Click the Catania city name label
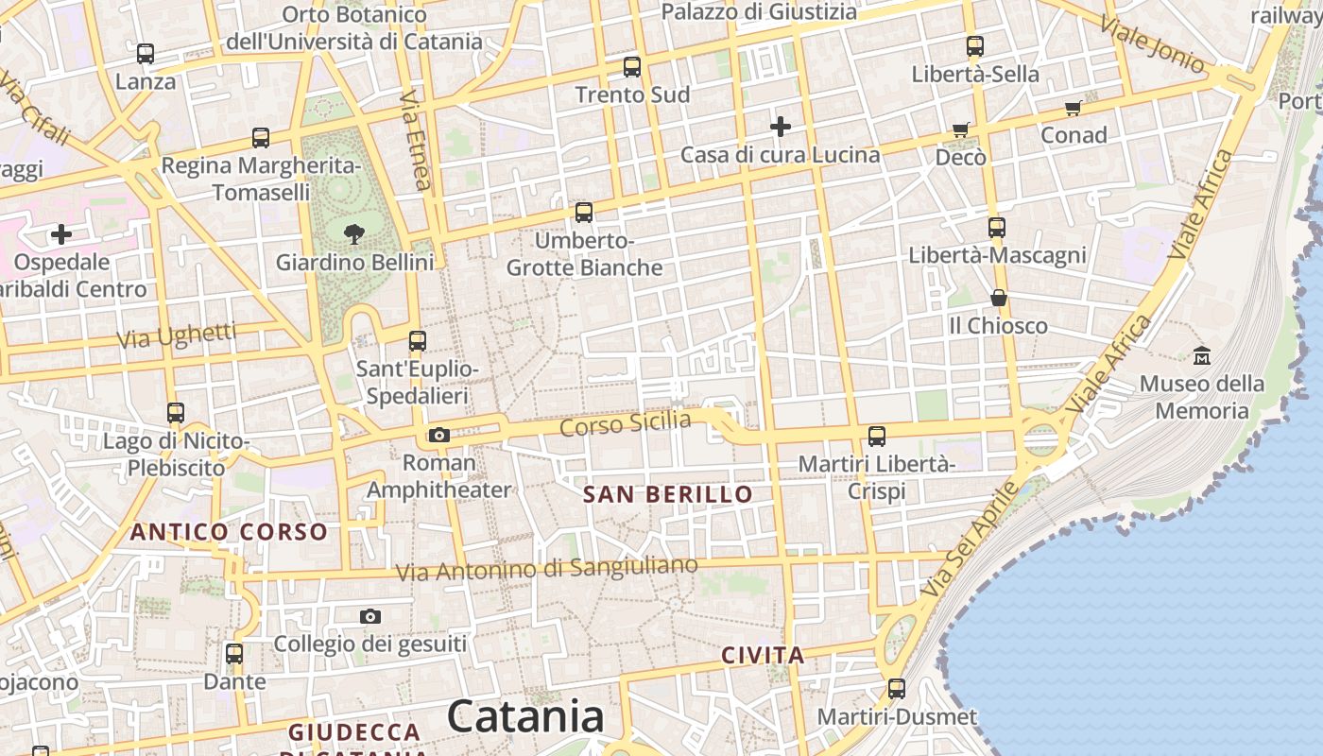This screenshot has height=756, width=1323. [x=525, y=716]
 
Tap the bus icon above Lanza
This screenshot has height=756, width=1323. [x=146, y=54]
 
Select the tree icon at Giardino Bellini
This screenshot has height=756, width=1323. [x=354, y=233]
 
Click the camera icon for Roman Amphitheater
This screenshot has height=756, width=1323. [x=439, y=435]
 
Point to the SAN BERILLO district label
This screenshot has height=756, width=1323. [x=668, y=494]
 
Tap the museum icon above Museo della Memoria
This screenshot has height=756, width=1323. [x=1202, y=356]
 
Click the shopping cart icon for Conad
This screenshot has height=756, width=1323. [x=1074, y=108]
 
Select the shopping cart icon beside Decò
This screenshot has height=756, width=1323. [x=961, y=129]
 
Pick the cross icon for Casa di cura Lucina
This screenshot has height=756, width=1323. [x=781, y=127]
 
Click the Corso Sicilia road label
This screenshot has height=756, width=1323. [x=626, y=424]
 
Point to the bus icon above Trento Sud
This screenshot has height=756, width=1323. [x=632, y=67]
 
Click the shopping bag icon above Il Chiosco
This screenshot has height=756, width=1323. [x=999, y=299]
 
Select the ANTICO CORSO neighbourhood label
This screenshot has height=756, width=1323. [x=229, y=532]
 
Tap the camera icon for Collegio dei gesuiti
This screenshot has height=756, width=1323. [x=370, y=617]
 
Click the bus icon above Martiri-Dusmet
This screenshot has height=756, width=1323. [x=897, y=689]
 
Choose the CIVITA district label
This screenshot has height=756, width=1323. [x=763, y=656]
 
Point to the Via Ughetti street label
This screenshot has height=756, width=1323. [x=177, y=335]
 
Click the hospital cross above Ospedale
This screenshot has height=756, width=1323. [x=61, y=234]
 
